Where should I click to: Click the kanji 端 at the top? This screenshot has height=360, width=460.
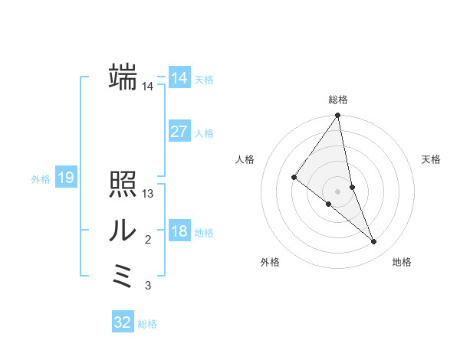tap(123, 77)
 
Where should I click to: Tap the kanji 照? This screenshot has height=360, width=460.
tap(123, 184)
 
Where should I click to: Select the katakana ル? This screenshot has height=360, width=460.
tap(123, 230)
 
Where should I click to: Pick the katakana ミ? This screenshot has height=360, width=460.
tap(123, 276)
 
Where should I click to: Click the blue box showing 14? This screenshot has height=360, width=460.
tap(179, 77)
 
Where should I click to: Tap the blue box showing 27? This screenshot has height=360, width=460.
tap(179, 131)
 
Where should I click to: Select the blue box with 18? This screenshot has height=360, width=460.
tap(179, 231)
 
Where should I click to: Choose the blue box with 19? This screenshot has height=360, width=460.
tap(66, 178)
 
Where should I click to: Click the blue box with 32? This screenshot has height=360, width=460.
tap(123, 322)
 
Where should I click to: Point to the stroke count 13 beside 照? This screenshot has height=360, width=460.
tap(148, 194)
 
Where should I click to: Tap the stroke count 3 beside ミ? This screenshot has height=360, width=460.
tap(148, 286)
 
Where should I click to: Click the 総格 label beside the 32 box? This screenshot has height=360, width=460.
tap(148, 324)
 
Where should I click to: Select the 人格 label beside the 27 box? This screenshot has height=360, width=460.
tap(205, 133)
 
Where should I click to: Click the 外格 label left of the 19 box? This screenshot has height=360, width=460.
tap(41, 179)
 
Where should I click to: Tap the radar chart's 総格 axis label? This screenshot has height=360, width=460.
tap(338, 100)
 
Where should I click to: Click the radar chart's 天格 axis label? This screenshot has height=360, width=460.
tap(432, 159)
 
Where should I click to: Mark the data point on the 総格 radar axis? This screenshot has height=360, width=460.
tap(338, 116)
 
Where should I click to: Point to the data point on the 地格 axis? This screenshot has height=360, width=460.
tap(374, 242)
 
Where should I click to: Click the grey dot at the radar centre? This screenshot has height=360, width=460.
tap(338, 191)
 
